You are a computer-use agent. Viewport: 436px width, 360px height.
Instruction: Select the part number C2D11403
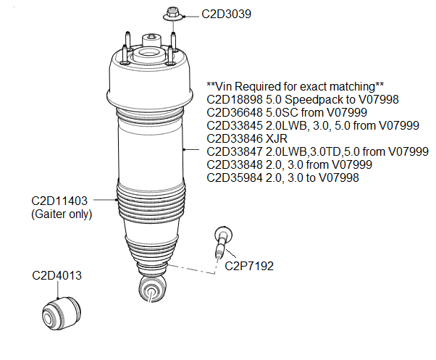click(x=59, y=201)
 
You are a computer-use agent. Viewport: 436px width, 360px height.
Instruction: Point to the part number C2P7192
click(x=248, y=266)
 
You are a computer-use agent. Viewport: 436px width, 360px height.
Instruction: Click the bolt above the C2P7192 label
click(x=221, y=240)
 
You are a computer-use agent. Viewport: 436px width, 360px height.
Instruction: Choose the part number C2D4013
click(x=57, y=275)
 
